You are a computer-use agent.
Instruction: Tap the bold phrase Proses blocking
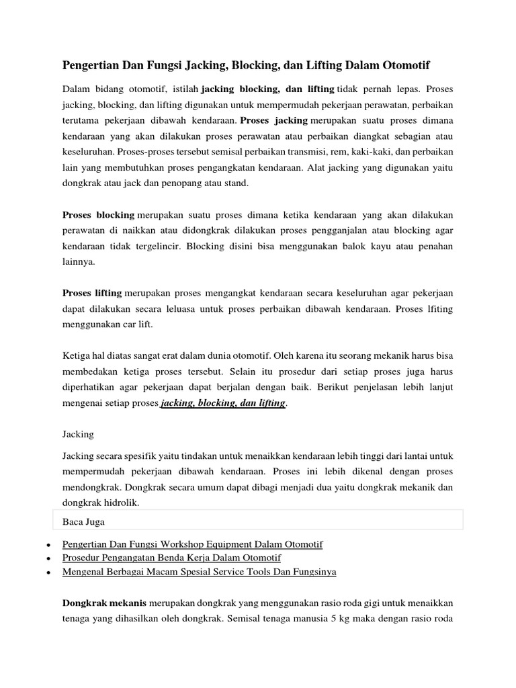[98, 215]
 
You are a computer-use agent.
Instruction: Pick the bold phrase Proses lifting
[92, 294]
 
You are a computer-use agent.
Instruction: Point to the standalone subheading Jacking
[78, 435]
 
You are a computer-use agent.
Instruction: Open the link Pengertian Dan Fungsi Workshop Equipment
[192, 544]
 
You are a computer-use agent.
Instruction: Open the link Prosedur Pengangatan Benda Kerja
[171, 558]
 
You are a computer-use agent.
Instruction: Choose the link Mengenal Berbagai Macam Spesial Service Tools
[199, 572]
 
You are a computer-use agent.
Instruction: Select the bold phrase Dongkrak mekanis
[105, 603]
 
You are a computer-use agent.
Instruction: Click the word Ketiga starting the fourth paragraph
[77, 356]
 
